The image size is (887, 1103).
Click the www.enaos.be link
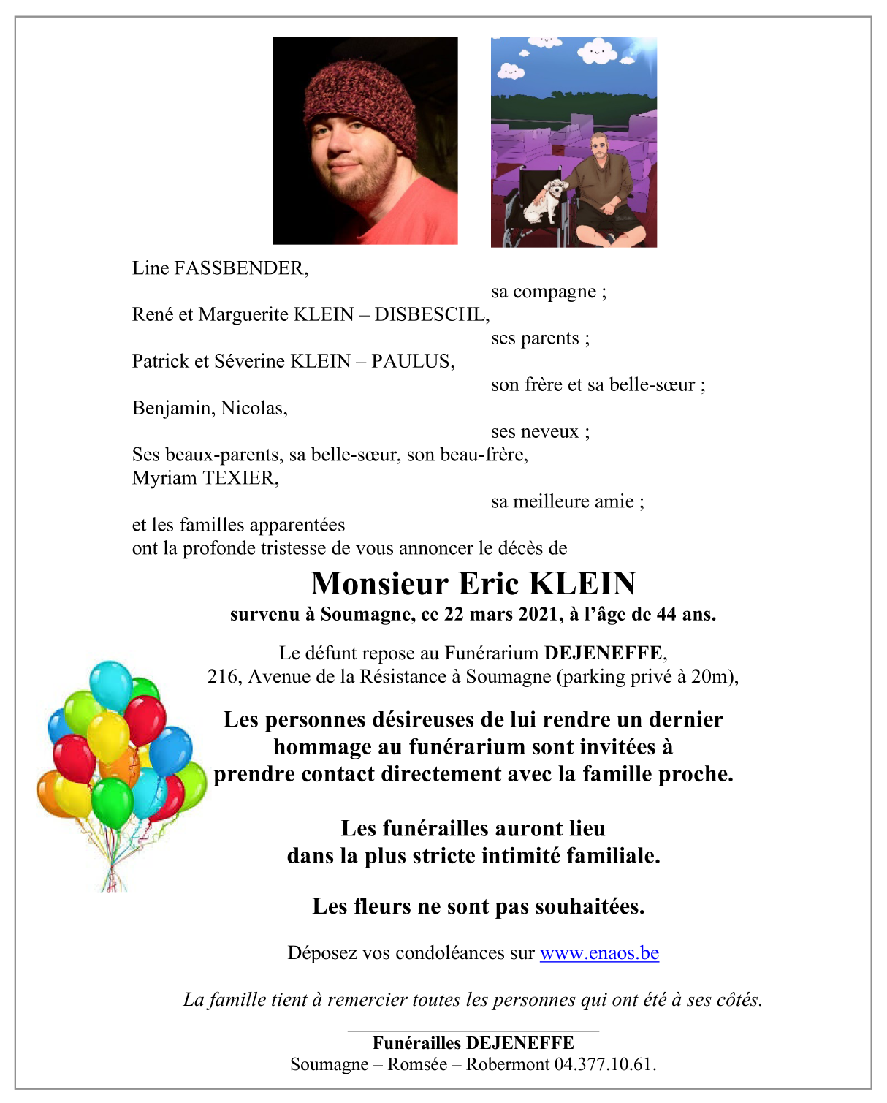[599, 953]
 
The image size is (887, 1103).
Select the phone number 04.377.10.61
[605, 1064]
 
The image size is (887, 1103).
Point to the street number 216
[222, 677]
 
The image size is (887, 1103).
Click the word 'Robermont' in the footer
[507, 1064]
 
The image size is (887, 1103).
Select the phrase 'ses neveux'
[536, 432]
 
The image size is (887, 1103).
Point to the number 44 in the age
[666, 615]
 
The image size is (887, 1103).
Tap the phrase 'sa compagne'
[544, 292]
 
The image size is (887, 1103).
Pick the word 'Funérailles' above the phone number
[416, 1044]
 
